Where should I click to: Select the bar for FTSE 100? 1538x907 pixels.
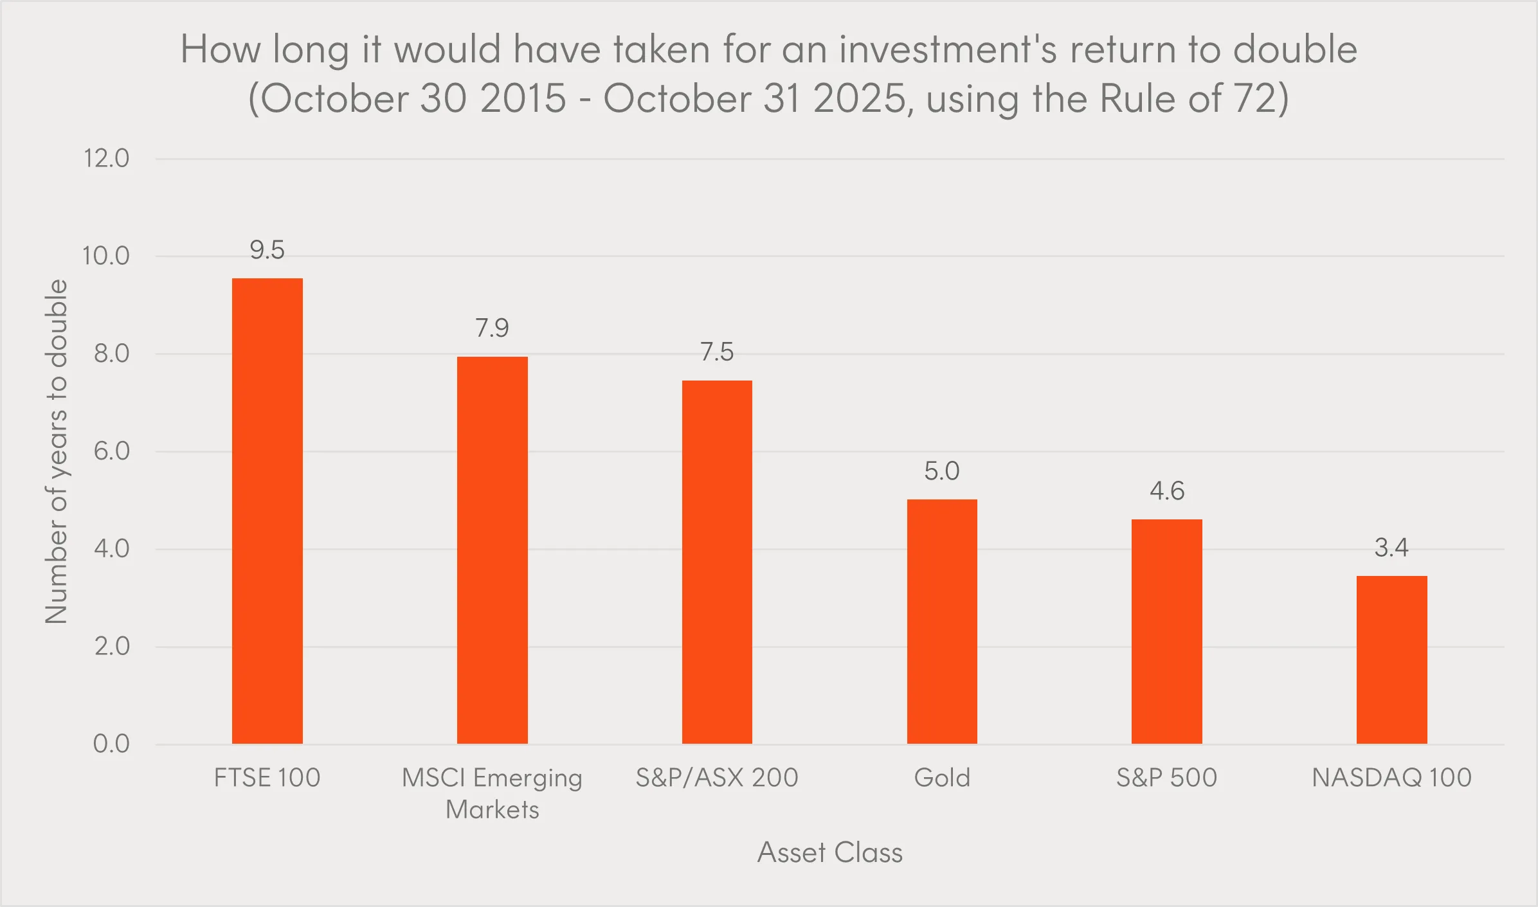pos(267,511)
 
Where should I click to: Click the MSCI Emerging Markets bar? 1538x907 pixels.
pos(492,550)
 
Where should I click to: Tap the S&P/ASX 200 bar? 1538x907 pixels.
pos(717,562)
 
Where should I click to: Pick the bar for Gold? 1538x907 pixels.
pos(942,622)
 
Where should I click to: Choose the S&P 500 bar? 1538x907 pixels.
pos(1166,631)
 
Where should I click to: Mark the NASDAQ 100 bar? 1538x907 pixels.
pos(1391,660)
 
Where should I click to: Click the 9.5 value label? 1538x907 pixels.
pos(267,250)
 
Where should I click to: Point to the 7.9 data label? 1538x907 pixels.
pos(492,328)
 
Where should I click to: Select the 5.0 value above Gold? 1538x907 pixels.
pos(942,471)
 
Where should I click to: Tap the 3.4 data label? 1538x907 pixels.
pos(1391,548)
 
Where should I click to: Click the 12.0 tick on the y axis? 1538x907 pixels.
pos(107,158)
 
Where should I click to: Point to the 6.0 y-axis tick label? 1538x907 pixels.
pos(111,451)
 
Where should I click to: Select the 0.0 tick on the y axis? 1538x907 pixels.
pos(111,744)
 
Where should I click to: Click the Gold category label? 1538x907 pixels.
pos(942,778)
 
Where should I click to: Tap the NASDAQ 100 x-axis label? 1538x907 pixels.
pos(1391,778)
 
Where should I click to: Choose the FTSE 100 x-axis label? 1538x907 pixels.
pos(267,778)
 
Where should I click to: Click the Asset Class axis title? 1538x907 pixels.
pos(829,852)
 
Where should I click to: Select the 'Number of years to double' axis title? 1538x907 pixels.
pos(56,451)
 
